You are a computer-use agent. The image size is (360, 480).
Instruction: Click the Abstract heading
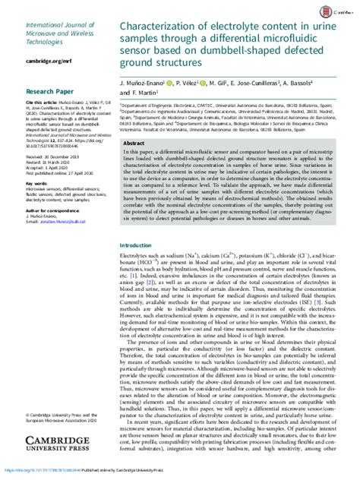[x=135, y=143]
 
